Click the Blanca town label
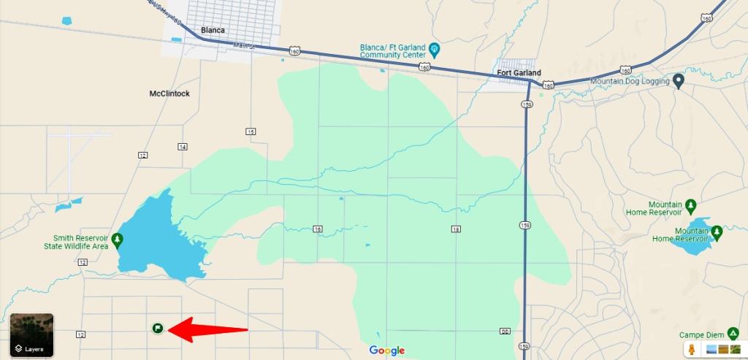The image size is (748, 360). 213,31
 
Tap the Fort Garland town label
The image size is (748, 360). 518,73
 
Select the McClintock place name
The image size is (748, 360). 169,93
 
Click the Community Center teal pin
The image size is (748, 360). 435,50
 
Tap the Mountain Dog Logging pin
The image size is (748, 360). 678,81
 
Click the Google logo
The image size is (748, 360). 386,351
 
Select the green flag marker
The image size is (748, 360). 157,329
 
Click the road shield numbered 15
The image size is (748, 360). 251,131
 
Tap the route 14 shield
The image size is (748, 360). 182,147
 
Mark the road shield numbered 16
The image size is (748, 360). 318,229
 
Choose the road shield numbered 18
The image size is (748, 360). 456,229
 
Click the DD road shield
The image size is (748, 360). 505,332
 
